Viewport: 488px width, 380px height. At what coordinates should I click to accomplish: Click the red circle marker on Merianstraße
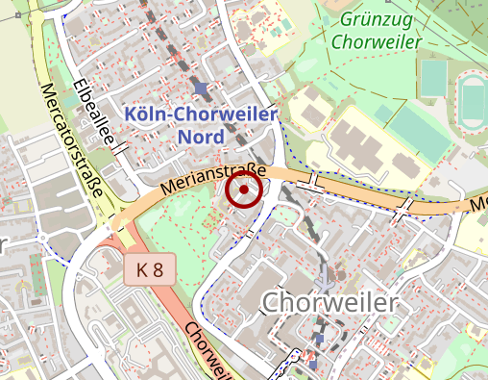tap(244, 190)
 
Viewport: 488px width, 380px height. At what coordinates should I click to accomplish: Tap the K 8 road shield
tap(149, 270)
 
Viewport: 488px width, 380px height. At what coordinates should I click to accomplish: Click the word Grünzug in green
tap(376, 20)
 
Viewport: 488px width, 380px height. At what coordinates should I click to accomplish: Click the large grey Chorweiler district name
tap(329, 304)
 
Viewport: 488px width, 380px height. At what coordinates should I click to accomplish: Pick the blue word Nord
tap(201, 137)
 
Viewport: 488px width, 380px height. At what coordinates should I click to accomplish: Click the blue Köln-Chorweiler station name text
tap(201, 115)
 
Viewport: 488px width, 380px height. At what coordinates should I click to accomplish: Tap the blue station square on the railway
tap(200, 90)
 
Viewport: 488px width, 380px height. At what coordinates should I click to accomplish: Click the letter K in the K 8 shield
tap(142, 270)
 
